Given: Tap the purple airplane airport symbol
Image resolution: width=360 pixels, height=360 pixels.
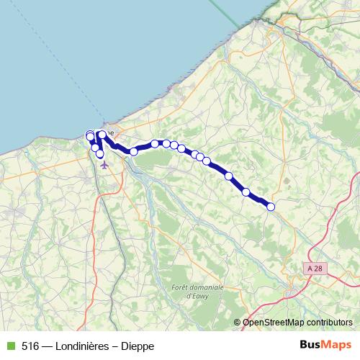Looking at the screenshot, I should (104, 164).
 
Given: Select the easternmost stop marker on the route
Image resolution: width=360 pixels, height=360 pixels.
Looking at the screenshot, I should (271, 207).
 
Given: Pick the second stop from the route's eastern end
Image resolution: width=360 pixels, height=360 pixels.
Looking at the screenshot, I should (246, 192).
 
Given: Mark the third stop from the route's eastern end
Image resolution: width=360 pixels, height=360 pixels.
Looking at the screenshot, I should (229, 176).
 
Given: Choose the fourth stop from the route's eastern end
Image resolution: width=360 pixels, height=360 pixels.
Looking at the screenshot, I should (207, 161).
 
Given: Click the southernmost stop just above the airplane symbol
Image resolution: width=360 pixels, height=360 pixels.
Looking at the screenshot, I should (100, 154).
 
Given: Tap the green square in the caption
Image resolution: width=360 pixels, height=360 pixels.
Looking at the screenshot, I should (9, 346).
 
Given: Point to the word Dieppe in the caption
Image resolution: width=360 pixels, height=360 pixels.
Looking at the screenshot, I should (137, 346).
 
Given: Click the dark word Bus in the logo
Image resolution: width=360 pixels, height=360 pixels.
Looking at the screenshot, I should (311, 346).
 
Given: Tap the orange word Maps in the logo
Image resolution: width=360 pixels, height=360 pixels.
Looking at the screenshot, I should (337, 346).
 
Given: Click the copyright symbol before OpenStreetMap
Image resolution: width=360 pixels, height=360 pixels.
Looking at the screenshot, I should (238, 323).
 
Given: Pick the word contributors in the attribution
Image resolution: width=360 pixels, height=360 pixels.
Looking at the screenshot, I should (327, 323).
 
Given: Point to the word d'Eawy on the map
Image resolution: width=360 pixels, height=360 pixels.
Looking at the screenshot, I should (197, 295).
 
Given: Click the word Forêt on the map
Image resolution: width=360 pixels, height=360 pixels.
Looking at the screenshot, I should (180, 288).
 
